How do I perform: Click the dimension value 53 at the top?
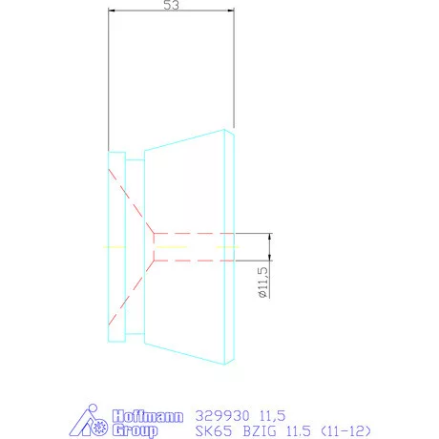172,6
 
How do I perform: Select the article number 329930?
219,416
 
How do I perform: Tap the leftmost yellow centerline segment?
115,246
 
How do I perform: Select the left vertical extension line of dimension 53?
109,76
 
